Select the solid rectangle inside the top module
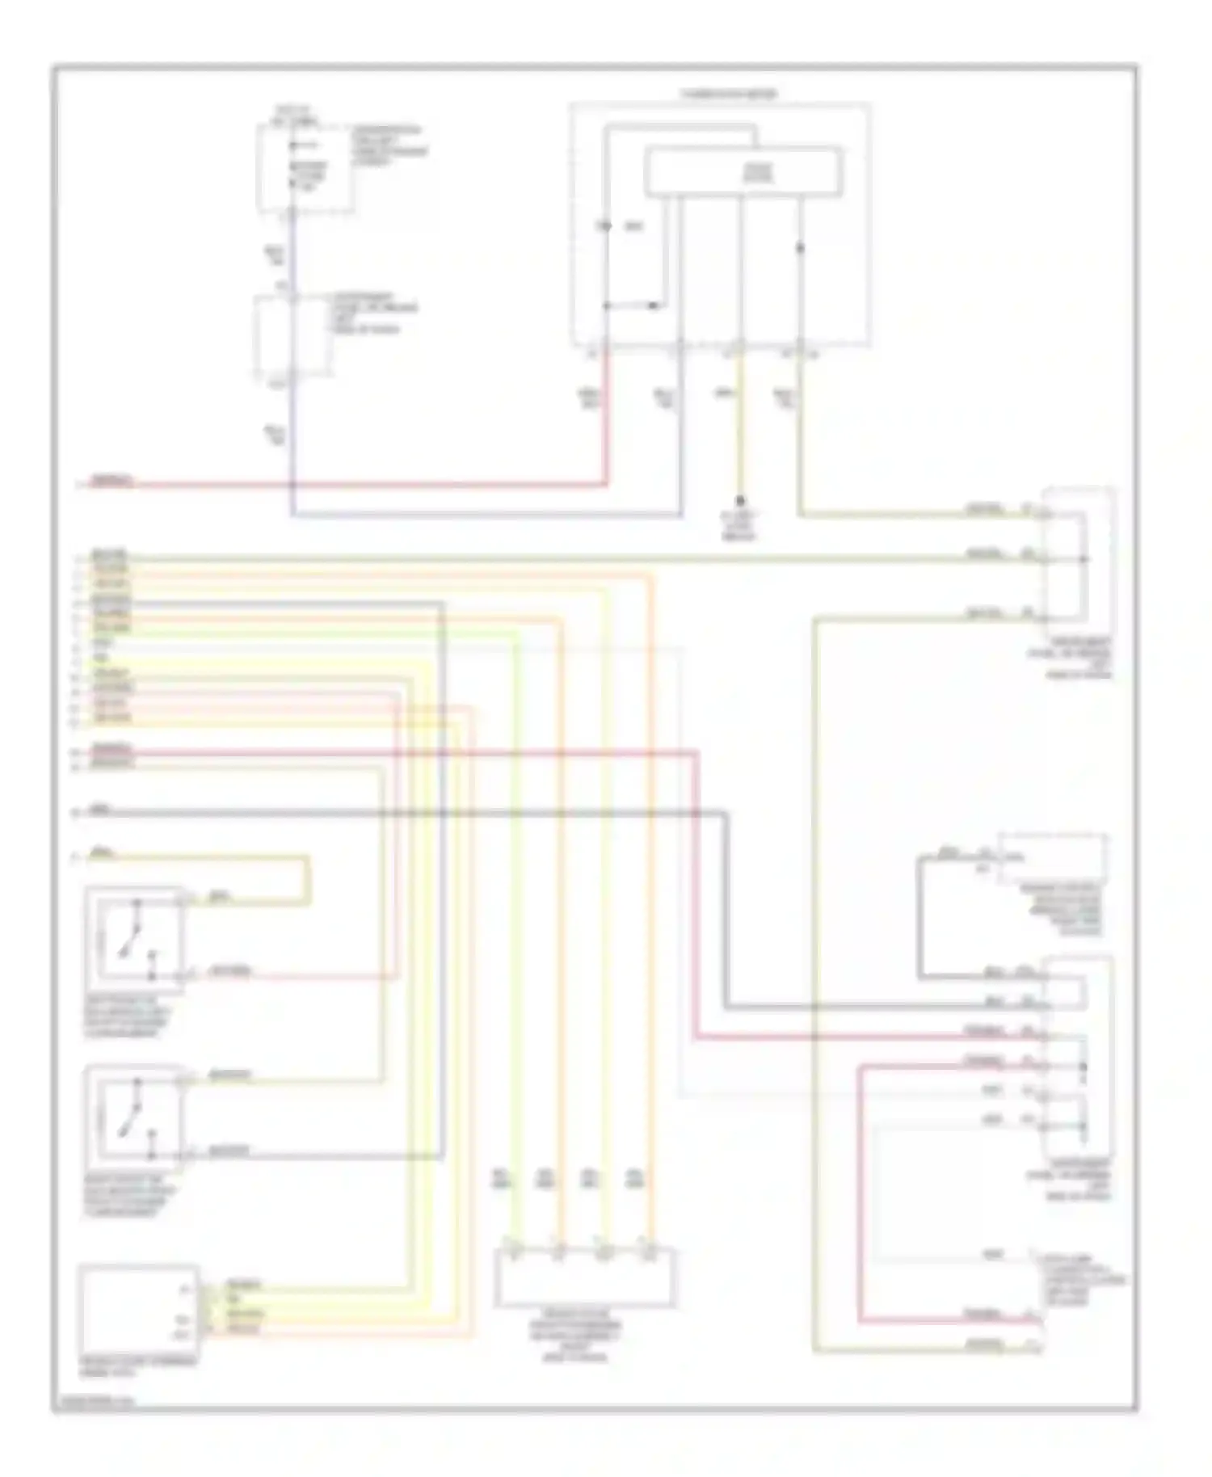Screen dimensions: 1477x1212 pyautogui.click(x=743, y=171)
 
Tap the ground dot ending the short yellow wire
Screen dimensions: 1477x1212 pyautogui.click(x=739, y=501)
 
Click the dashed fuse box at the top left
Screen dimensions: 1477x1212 pyautogui.click(x=305, y=168)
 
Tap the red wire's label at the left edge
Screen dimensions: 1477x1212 pyautogui.click(x=112, y=481)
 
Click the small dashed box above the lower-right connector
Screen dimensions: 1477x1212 pyautogui.click(x=1052, y=859)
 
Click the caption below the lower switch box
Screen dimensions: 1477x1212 pyautogui.click(x=128, y=1196)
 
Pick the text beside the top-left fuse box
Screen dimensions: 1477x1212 pyautogui.click(x=389, y=145)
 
